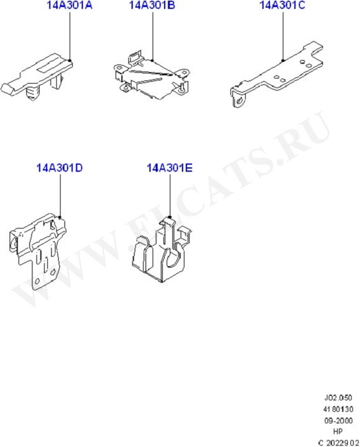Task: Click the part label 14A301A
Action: click(69, 7)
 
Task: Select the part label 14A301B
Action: click(152, 7)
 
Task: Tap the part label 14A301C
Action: click(283, 7)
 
